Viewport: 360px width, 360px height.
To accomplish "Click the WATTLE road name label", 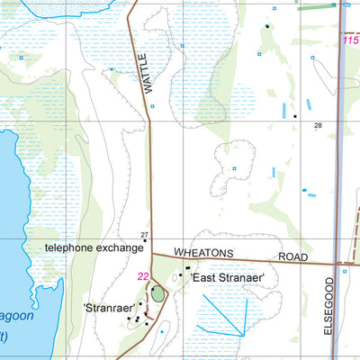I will coord(141,79).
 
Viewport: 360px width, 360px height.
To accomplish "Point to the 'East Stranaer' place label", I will coord(227,278).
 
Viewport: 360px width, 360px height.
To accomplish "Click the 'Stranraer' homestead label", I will coord(109,307).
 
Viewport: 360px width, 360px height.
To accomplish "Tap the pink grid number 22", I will coord(143,276).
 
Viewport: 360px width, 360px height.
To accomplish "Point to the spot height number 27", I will coord(144,235).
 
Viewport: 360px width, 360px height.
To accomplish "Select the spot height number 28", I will coord(318,125).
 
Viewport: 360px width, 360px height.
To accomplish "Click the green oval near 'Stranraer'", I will coord(158,292).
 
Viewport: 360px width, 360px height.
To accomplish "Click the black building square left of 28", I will coord(294,116).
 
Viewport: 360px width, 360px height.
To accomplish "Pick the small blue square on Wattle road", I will coord(151,107).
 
